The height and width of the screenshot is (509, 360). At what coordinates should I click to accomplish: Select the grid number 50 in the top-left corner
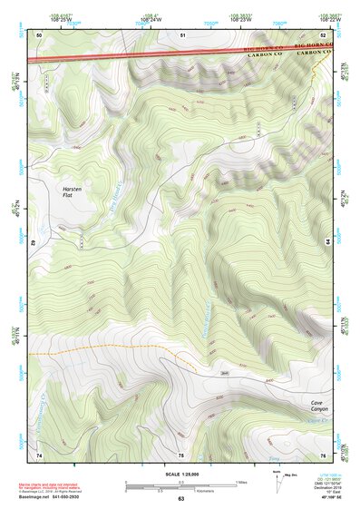pos(39,34)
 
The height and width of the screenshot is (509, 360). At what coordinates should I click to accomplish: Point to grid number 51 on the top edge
pos(182,34)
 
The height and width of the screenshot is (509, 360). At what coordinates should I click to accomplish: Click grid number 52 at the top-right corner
pos(325,34)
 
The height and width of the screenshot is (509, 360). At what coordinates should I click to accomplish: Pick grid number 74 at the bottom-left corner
pos(39,455)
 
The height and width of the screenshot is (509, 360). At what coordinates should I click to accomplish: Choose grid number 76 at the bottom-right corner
pos(324,455)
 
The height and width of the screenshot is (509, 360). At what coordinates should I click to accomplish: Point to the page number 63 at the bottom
pos(180,500)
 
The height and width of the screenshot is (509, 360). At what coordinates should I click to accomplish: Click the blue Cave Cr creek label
pos(315,421)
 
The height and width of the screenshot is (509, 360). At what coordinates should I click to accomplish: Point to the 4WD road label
pos(225,371)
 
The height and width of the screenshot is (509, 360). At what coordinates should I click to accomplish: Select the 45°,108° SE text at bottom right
pos(333,498)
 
